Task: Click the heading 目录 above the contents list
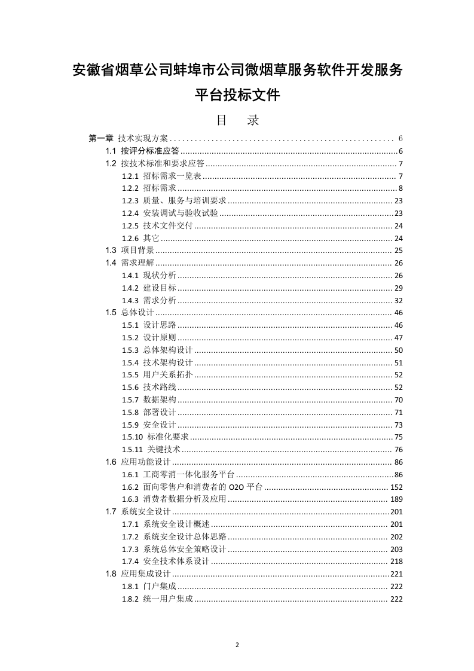tap(237, 120)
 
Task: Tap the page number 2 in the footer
tap(237, 645)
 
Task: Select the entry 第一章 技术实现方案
tap(129, 138)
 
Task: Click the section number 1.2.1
tap(130, 176)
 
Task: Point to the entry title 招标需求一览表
tap(172, 176)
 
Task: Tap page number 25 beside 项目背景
tap(399, 251)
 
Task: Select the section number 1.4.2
tap(130, 288)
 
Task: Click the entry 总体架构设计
tap(168, 350)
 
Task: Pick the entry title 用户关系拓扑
tap(168, 375)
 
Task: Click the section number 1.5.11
tap(132, 449)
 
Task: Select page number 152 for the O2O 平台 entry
tap(396, 487)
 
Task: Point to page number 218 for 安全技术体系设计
tap(396, 562)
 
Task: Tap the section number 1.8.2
tap(130, 599)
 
